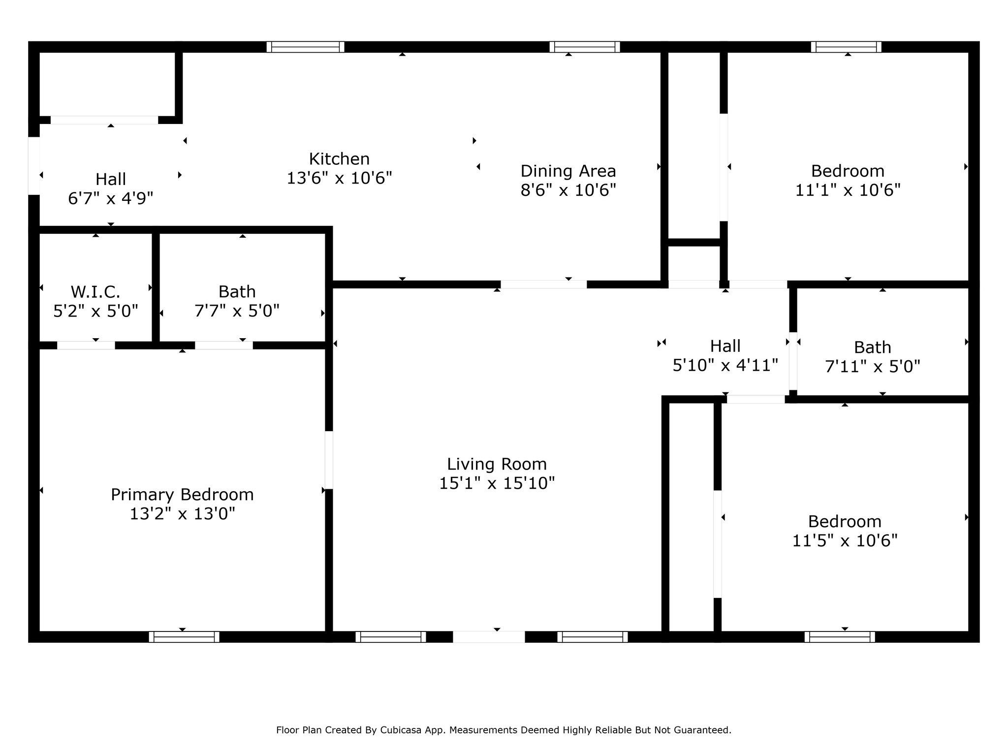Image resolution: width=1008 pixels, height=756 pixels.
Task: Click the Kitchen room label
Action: [x=339, y=159]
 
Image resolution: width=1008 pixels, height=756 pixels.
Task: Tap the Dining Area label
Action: [x=568, y=171]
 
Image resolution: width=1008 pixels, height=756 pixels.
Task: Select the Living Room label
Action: [x=497, y=464]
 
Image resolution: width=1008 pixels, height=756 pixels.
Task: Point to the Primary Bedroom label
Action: [x=182, y=495]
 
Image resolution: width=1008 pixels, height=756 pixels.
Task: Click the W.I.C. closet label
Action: [x=95, y=292]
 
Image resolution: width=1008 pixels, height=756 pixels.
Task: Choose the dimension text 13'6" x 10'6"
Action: [x=339, y=178]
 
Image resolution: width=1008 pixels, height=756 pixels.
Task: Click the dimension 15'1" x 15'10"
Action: [x=497, y=483]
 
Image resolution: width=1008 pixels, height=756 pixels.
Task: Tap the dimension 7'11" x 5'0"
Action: [x=873, y=367]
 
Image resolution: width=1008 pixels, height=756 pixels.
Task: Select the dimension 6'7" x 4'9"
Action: [x=111, y=198]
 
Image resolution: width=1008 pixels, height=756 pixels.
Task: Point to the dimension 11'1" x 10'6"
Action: [x=848, y=190]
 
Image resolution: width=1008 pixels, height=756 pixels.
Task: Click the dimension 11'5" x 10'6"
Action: [x=845, y=541]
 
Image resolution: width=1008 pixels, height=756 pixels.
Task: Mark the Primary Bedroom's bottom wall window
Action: [x=184, y=637]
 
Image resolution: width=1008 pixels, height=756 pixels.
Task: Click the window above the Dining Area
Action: [x=584, y=47]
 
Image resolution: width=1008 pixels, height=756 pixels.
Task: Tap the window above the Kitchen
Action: [x=305, y=47]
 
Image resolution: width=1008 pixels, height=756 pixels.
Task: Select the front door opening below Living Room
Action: [x=489, y=637]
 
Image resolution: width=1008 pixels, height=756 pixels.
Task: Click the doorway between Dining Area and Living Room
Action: [x=543, y=284]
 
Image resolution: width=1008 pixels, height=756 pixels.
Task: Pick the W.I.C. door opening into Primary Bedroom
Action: [x=86, y=346]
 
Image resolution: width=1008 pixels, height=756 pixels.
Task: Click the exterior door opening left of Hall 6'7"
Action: [x=34, y=166]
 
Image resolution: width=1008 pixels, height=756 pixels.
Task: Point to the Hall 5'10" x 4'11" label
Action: [x=725, y=355]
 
